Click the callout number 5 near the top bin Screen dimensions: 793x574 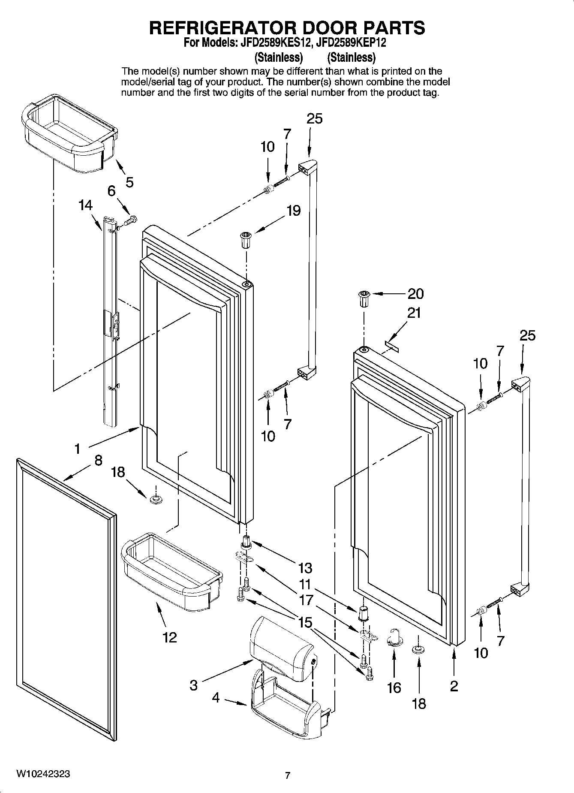tap(129, 182)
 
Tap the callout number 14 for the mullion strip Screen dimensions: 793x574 tap(86, 205)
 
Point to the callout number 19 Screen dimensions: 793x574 tap(294, 211)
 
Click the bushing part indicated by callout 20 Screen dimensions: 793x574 tap(364, 299)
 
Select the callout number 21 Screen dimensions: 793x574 tap(414, 313)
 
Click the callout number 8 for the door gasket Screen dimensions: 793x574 tap(98, 461)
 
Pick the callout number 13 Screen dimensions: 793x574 tap(305, 568)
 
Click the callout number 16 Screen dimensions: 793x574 tap(394, 688)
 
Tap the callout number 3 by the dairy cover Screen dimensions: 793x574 tap(194, 685)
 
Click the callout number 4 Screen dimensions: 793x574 tap(216, 698)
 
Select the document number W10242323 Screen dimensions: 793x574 tap(44, 774)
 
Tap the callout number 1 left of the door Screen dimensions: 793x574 tap(77, 449)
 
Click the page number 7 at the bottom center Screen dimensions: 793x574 tap(288, 775)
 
